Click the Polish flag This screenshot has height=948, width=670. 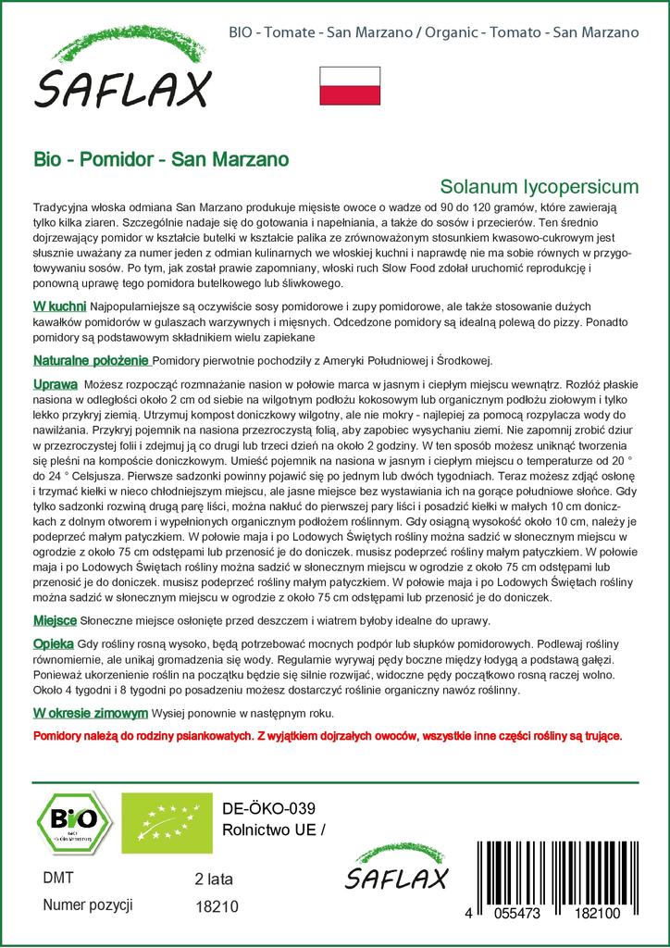point(350,85)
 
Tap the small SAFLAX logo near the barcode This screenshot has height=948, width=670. point(397,871)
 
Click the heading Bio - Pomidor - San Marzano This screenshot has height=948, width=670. point(160,158)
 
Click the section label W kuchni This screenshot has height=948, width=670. point(59,306)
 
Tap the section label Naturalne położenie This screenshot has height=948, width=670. point(91,360)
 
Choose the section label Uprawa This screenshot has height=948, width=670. point(55,383)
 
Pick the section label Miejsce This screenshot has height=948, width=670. point(56,620)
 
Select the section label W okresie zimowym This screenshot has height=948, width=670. point(90,713)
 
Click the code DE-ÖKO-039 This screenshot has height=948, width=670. point(264,808)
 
